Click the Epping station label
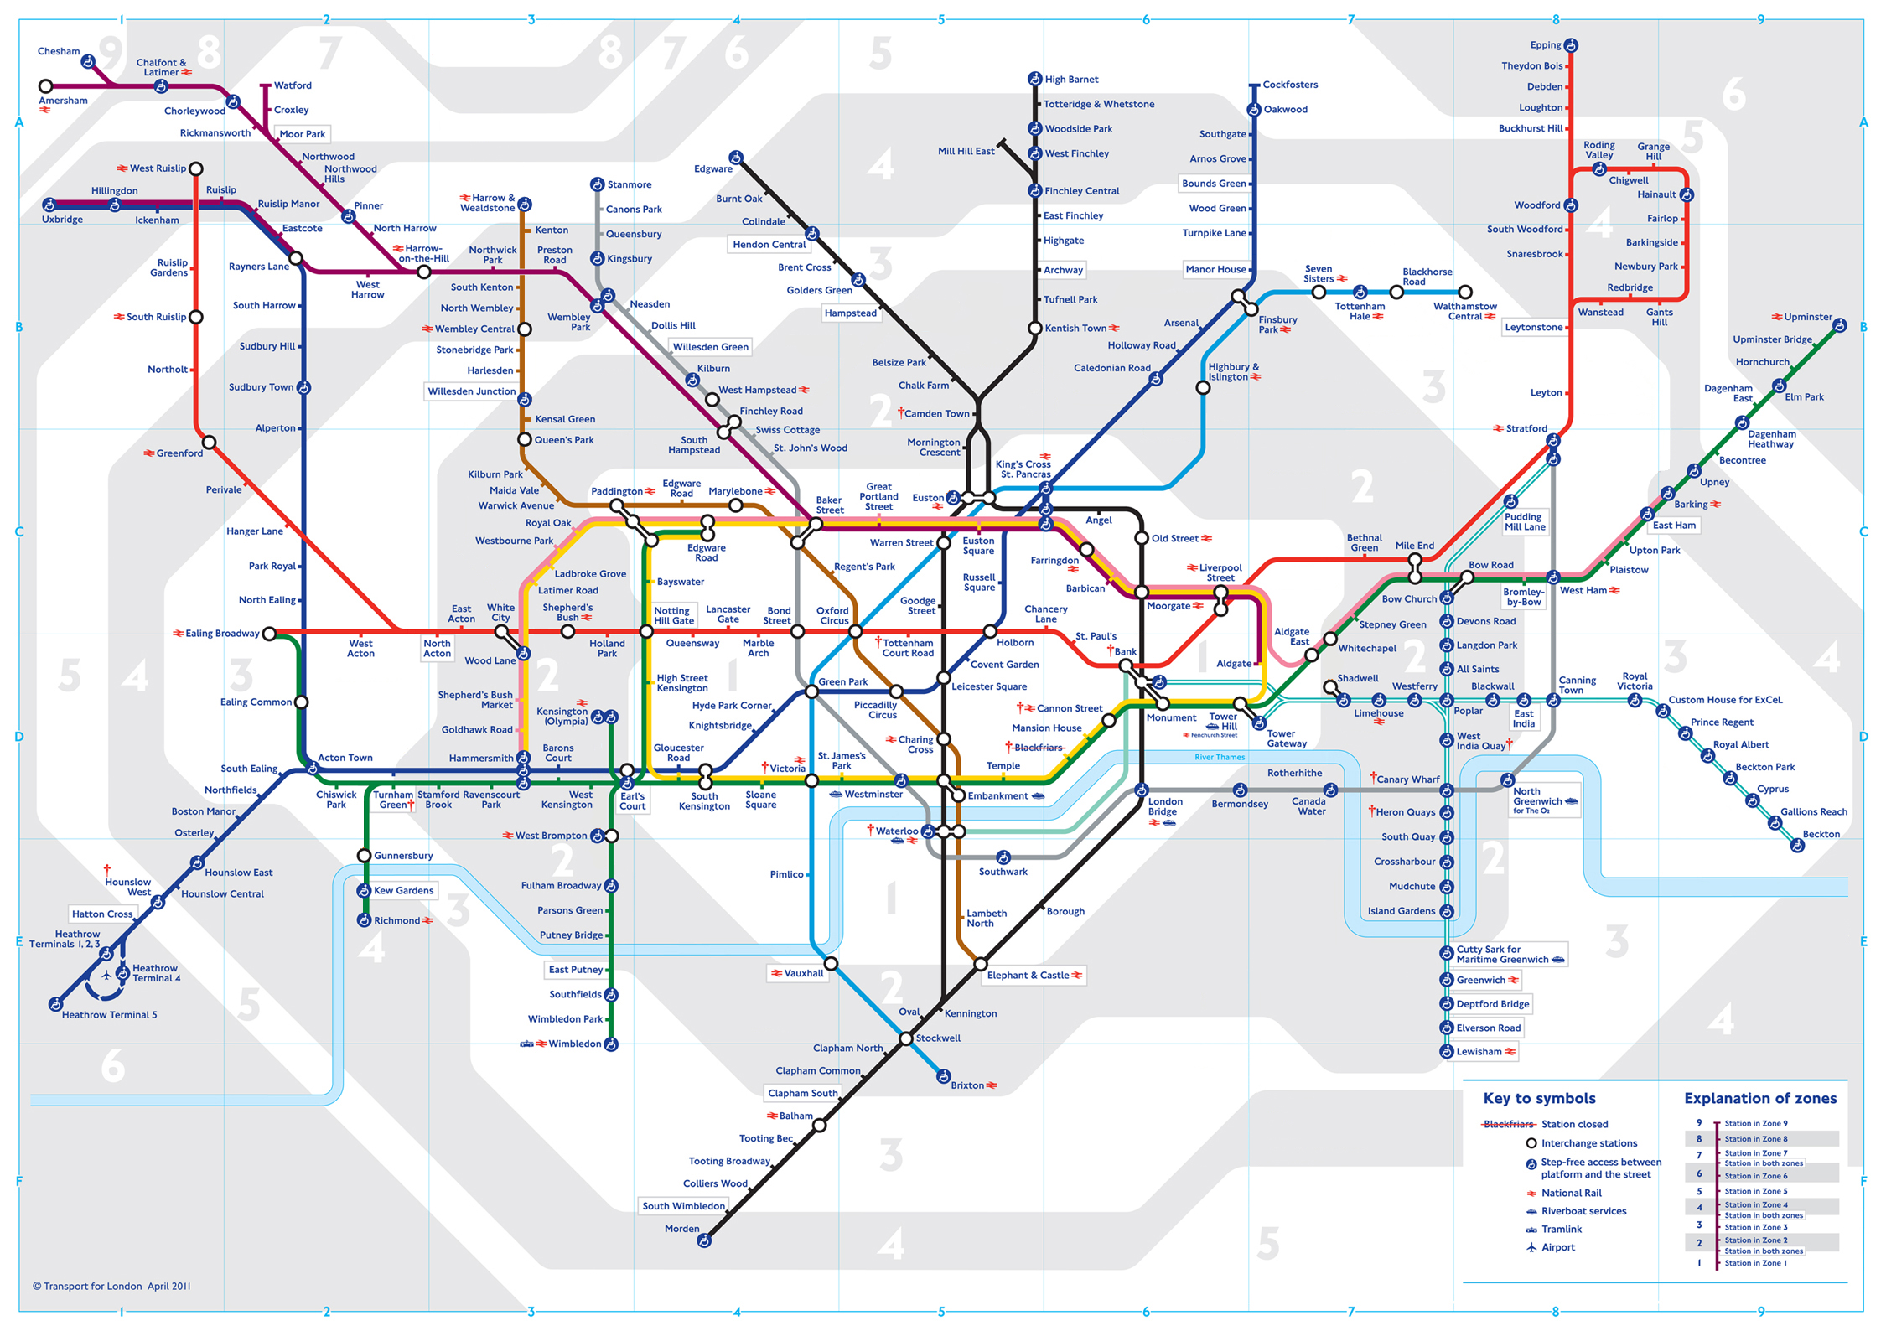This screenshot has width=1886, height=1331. coord(1545,45)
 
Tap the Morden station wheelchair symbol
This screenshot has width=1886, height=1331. coord(704,1240)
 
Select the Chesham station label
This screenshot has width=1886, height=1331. coord(59,51)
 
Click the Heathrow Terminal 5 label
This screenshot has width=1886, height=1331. coord(109,1015)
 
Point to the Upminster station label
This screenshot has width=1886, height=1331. coord(1807,317)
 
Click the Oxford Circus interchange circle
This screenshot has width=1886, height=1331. coord(854,631)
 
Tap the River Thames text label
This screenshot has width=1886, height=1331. coord(1219,758)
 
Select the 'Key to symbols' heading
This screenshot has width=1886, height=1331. coord(1539,1098)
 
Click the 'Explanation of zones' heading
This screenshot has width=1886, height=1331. coord(1759,1098)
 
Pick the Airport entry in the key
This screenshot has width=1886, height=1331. coord(1557,1247)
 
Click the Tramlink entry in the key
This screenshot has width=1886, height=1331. coord(1561,1230)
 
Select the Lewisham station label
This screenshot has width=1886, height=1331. coord(1479,1052)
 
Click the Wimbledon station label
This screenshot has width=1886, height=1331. coord(574,1044)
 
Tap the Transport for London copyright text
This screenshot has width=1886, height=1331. coord(111,1286)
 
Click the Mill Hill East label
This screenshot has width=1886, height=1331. coord(966,152)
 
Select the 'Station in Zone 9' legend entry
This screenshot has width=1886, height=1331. coord(1755,1124)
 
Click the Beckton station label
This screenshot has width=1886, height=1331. coord(1821,834)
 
